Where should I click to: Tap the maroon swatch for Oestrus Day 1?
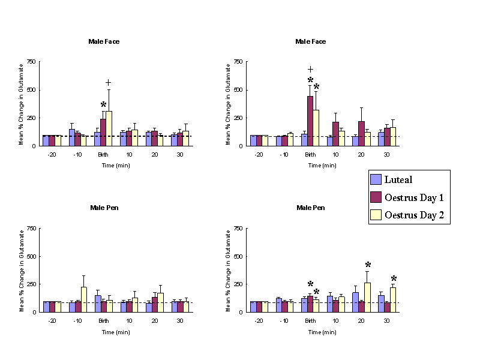point(376,197)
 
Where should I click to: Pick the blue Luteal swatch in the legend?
point(376,179)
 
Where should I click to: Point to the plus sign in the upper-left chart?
point(109,83)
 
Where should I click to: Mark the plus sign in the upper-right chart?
point(310,70)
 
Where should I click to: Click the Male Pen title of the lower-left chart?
point(104,208)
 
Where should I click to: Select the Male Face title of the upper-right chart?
point(311,41)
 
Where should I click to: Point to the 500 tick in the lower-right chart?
point(237,256)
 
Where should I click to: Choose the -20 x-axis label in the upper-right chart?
point(259,155)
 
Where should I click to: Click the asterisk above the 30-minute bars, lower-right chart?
point(394,279)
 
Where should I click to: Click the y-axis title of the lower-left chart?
point(22,270)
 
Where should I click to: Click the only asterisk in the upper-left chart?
point(103,106)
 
